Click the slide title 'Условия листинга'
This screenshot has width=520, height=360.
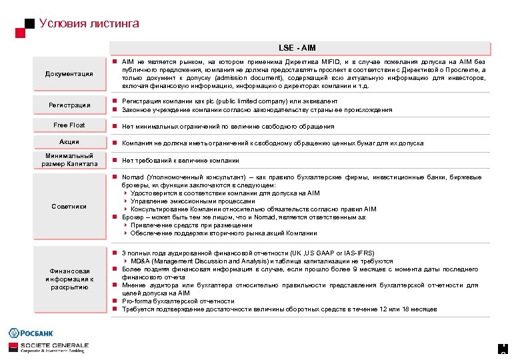point(89,23)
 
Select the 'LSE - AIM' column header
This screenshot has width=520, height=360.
point(297,48)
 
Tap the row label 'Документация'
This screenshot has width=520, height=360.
point(69,73)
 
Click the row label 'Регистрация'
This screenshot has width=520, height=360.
point(69,105)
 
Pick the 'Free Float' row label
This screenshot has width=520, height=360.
point(69,125)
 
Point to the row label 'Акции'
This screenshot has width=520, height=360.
point(69,142)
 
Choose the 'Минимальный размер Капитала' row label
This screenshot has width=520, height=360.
point(69,160)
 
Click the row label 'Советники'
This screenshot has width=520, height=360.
point(69,206)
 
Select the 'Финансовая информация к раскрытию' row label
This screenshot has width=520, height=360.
point(69,279)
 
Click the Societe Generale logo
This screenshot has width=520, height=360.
point(47,347)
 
